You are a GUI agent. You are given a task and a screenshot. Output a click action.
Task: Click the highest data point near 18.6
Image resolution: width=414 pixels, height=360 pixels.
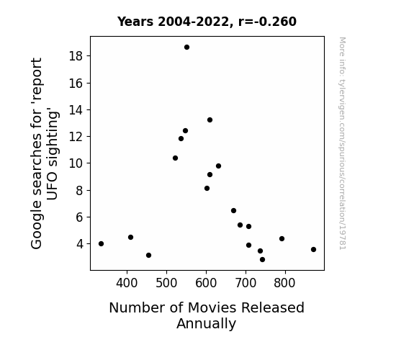click(x=186, y=48)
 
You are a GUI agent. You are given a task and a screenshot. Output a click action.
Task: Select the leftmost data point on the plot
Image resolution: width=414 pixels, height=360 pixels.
click(x=101, y=244)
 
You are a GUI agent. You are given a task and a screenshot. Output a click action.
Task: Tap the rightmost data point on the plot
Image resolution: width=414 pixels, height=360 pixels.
click(x=313, y=250)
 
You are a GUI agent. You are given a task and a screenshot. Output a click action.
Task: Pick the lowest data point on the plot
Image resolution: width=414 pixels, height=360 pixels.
click(x=262, y=260)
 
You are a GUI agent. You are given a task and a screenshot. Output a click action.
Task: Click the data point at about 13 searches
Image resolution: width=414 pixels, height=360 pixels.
click(x=210, y=120)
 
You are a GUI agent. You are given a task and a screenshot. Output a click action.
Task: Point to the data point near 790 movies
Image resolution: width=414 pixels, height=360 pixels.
click(x=282, y=239)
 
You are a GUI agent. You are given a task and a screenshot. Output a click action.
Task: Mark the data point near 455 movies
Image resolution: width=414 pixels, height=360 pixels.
click(x=148, y=256)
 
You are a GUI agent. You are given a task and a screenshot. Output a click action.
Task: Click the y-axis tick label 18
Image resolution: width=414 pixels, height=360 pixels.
click(x=76, y=56)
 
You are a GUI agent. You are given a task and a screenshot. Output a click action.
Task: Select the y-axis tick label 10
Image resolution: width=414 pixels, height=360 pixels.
click(x=76, y=163)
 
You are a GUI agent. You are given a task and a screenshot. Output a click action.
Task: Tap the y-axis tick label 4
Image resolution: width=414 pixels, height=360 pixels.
click(x=80, y=244)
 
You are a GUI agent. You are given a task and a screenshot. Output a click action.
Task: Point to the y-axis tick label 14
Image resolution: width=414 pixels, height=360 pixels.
click(x=76, y=109)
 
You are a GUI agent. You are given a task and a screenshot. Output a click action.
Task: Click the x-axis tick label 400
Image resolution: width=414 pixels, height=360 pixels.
click(x=127, y=283)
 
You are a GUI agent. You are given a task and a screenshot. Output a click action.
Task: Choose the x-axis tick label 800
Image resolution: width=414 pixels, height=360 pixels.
click(x=284, y=283)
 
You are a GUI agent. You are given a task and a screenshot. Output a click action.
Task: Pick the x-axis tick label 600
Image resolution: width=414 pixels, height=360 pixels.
click(x=206, y=283)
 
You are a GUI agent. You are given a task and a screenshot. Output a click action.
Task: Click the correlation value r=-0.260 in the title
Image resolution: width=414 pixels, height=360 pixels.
click(x=267, y=22)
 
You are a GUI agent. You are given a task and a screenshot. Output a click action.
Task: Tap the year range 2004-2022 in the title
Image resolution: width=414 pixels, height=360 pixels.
click(x=194, y=22)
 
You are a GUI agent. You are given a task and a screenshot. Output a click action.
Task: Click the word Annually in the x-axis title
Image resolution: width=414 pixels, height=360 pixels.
click(x=206, y=324)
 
